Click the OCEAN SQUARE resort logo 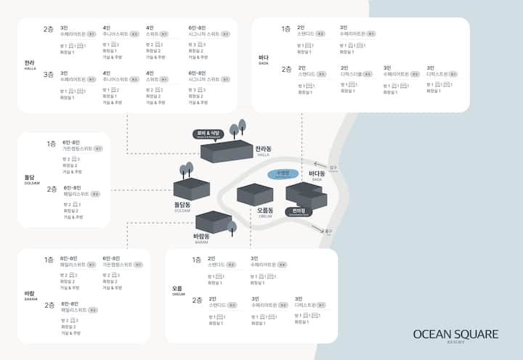tap(455, 335)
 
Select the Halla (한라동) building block tap(227, 152)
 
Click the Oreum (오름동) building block tap(255, 195)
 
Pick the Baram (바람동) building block tap(213, 221)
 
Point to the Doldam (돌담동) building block tap(192, 189)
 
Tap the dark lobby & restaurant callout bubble tap(207, 134)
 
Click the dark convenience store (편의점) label tap(299, 213)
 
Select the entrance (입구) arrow tap(320, 165)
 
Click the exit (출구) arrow tap(317, 229)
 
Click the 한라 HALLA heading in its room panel tap(30, 65)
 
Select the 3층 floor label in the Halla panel tap(49, 74)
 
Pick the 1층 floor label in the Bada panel tap(286, 29)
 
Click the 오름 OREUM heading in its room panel tap(179, 290)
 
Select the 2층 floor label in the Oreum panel tap(197, 300)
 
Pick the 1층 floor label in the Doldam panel tap(51, 144)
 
